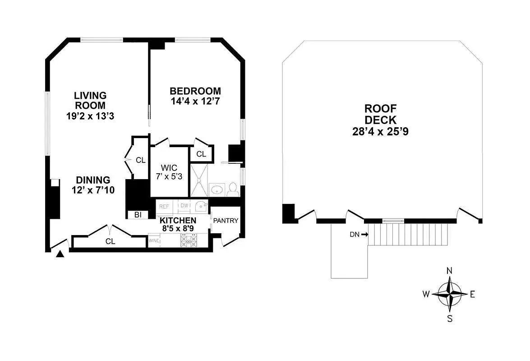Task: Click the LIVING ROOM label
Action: (90, 100)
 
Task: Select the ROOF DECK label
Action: (381, 114)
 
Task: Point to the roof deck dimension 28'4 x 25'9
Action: (381, 132)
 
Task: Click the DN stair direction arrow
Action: (364, 234)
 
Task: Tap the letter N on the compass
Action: (449, 271)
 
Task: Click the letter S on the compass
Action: (450, 319)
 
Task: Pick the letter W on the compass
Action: (426, 295)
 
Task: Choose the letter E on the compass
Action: (473, 295)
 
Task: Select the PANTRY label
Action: (226, 221)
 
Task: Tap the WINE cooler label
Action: (154, 241)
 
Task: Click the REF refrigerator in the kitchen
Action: (164, 206)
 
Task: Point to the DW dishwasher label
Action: (184, 206)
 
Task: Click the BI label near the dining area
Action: (138, 215)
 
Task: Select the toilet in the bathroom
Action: (233, 190)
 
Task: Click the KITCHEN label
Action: (178, 220)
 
